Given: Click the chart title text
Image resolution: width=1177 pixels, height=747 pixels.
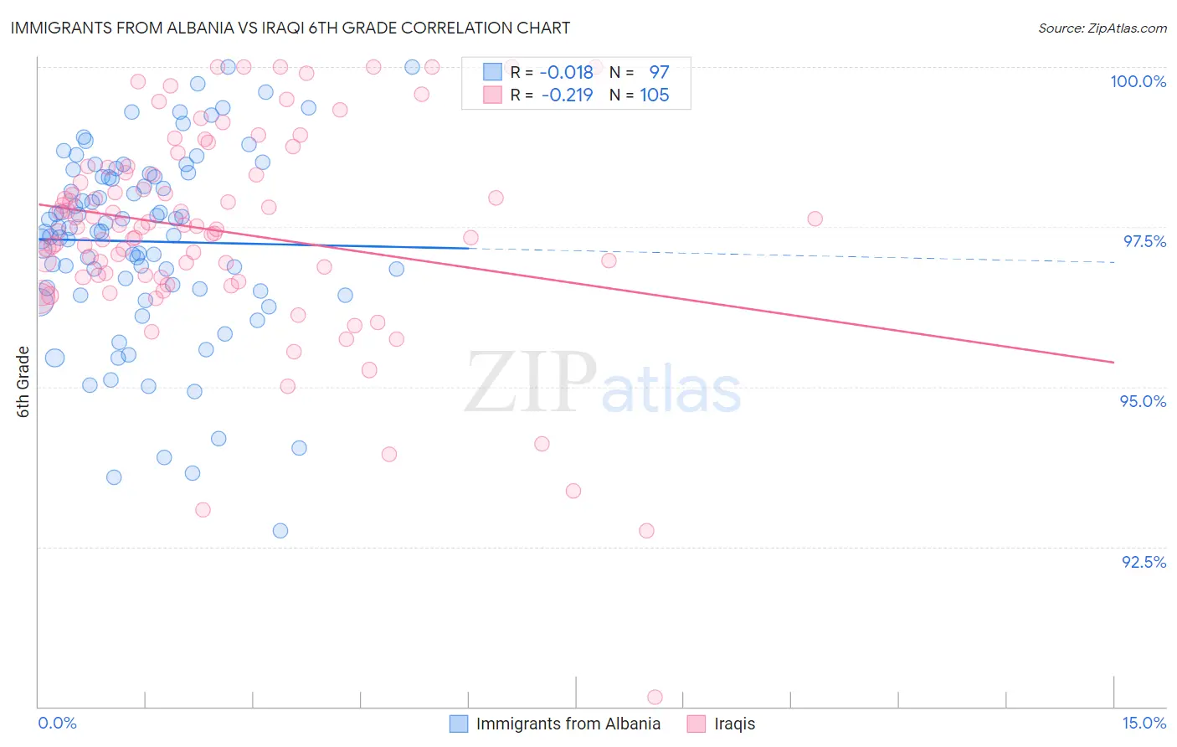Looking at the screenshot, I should point(290,28).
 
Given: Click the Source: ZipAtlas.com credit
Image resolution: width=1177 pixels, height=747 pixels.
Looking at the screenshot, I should point(1102,28).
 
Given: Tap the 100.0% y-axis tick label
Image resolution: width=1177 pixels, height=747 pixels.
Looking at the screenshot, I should point(1138,81).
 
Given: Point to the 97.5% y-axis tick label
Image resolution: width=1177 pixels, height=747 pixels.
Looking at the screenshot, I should point(1144,241).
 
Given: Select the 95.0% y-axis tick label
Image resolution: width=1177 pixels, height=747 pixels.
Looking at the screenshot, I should point(1143,401).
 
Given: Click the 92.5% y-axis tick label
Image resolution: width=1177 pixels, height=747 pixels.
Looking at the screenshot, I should point(1144,562).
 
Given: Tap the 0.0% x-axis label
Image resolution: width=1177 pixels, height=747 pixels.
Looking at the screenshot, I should point(57,723).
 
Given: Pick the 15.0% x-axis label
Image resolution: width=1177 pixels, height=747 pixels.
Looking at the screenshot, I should point(1144,723).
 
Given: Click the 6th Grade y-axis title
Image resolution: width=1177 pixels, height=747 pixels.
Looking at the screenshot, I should point(23,382).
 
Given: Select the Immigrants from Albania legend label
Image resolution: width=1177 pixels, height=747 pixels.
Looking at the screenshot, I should point(568,724).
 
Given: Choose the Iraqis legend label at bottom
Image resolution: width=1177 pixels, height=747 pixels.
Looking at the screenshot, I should point(734,724).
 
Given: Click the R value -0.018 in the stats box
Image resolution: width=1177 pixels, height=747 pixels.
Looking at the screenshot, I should point(567,73).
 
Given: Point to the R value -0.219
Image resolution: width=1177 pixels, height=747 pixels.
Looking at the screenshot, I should point(567,95).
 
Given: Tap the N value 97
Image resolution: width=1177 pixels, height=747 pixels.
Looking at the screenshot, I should point(659,73).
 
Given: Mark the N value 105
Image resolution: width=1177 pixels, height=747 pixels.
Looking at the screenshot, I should point(654,95).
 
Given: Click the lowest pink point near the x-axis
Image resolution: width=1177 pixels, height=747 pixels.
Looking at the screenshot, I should point(655,697).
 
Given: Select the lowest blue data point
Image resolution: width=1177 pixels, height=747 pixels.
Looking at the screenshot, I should point(280,531).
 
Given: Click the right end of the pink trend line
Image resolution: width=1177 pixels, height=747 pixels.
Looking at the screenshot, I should point(1113,362).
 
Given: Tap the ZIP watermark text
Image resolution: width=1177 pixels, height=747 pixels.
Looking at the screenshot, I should point(531,383).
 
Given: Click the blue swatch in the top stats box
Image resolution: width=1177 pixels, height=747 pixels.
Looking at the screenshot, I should point(492,72).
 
